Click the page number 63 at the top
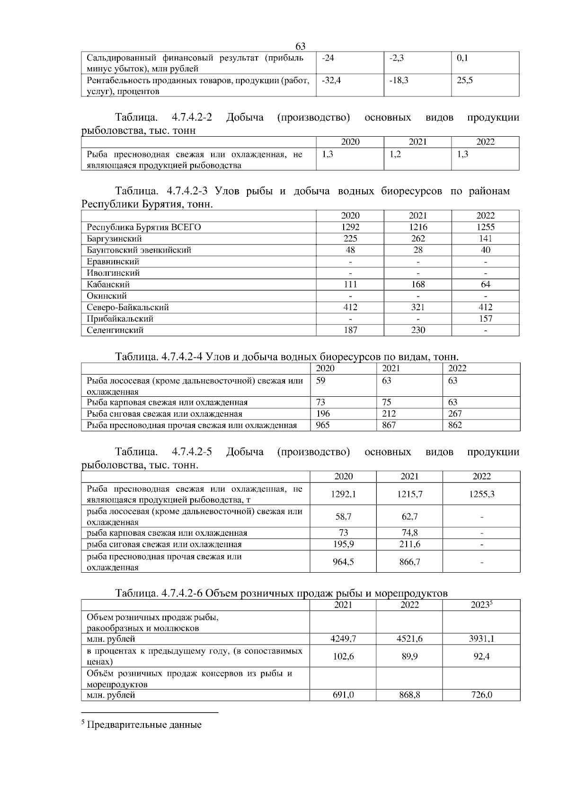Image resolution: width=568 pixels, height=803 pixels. point(300,46)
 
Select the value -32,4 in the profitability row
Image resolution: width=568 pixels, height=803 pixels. point(331,80)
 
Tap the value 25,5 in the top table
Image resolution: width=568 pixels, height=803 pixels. point(464,80)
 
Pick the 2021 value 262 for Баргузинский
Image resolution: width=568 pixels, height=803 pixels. point(418,239)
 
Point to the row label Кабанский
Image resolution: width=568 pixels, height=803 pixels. point(108,285)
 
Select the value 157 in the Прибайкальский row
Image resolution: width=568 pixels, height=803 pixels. point(485,319)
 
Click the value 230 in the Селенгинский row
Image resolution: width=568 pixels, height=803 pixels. point(418,330)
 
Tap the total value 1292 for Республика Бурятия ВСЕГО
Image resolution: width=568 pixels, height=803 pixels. point(350,227)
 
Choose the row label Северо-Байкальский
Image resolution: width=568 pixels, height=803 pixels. point(128,307)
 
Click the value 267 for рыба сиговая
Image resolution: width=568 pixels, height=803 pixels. point(455,414)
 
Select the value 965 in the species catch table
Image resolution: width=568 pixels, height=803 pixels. point(323,425)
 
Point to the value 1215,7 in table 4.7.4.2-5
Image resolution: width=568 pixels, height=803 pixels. point(409,494)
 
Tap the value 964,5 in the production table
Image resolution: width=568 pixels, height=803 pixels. point(344,562)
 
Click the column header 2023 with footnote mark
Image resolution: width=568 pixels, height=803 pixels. point(481,605)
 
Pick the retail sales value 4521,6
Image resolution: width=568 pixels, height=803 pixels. point(409,639)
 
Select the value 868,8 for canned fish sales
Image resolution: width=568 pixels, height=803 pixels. point(409,695)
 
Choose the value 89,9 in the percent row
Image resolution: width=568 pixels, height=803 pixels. point(409,656)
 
